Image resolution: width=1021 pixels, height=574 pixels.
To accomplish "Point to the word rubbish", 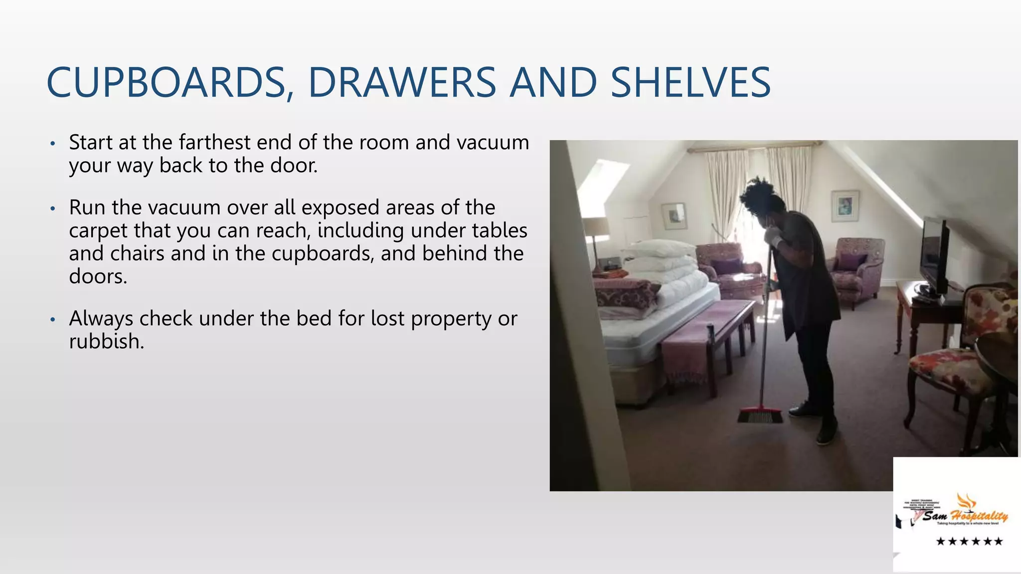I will point(106,342).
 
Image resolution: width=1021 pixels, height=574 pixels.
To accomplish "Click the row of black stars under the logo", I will point(969,541).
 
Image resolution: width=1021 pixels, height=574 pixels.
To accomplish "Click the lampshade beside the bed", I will point(595,227).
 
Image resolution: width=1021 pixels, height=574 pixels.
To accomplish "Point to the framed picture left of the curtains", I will point(674,215).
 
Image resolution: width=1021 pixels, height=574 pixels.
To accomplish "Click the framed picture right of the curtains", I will point(845,205).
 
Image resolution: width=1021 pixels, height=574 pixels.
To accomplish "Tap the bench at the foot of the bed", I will point(708,339).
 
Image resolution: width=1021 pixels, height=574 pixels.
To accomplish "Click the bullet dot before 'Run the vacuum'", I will point(52,208).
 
